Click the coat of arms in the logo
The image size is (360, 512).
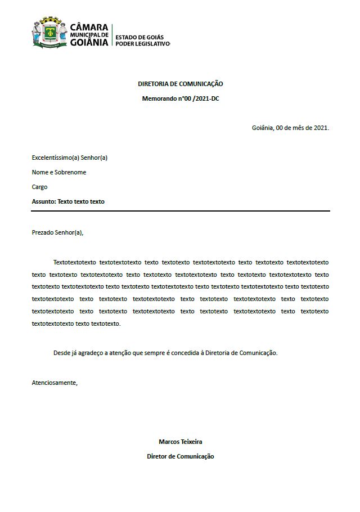(x=49, y=33)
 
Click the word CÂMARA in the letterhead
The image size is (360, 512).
(x=89, y=27)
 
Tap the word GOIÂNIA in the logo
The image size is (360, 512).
(x=89, y=43)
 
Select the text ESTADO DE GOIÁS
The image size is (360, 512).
(x=139, y=37)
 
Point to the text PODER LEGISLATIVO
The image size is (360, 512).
(x=142, y=44)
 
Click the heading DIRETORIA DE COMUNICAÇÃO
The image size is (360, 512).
(x=181, y=84)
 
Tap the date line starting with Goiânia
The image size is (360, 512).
(x=290, y=128)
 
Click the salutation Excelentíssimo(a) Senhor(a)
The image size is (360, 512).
(x=70, y=158)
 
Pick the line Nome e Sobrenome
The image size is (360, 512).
(x=59, y=172)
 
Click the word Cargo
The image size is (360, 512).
(x=40, y=187)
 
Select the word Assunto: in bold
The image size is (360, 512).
(x=44, y=201)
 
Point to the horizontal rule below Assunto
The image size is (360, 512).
(x=181, y=211)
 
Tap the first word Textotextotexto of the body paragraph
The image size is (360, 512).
(x=74, y=262)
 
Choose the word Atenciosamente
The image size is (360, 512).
(x=55, y=383)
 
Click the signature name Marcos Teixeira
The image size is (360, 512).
(x=181, y=442)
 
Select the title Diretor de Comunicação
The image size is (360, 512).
(x=181, y=456)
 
